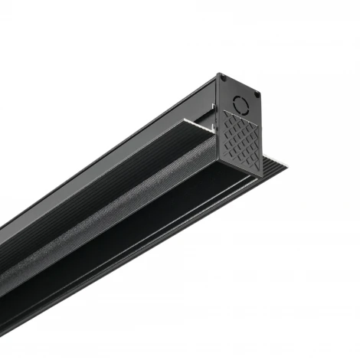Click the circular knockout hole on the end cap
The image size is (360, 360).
[242, 103]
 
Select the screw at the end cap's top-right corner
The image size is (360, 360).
[257, 95]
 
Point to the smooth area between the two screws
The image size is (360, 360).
[240, 87]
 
